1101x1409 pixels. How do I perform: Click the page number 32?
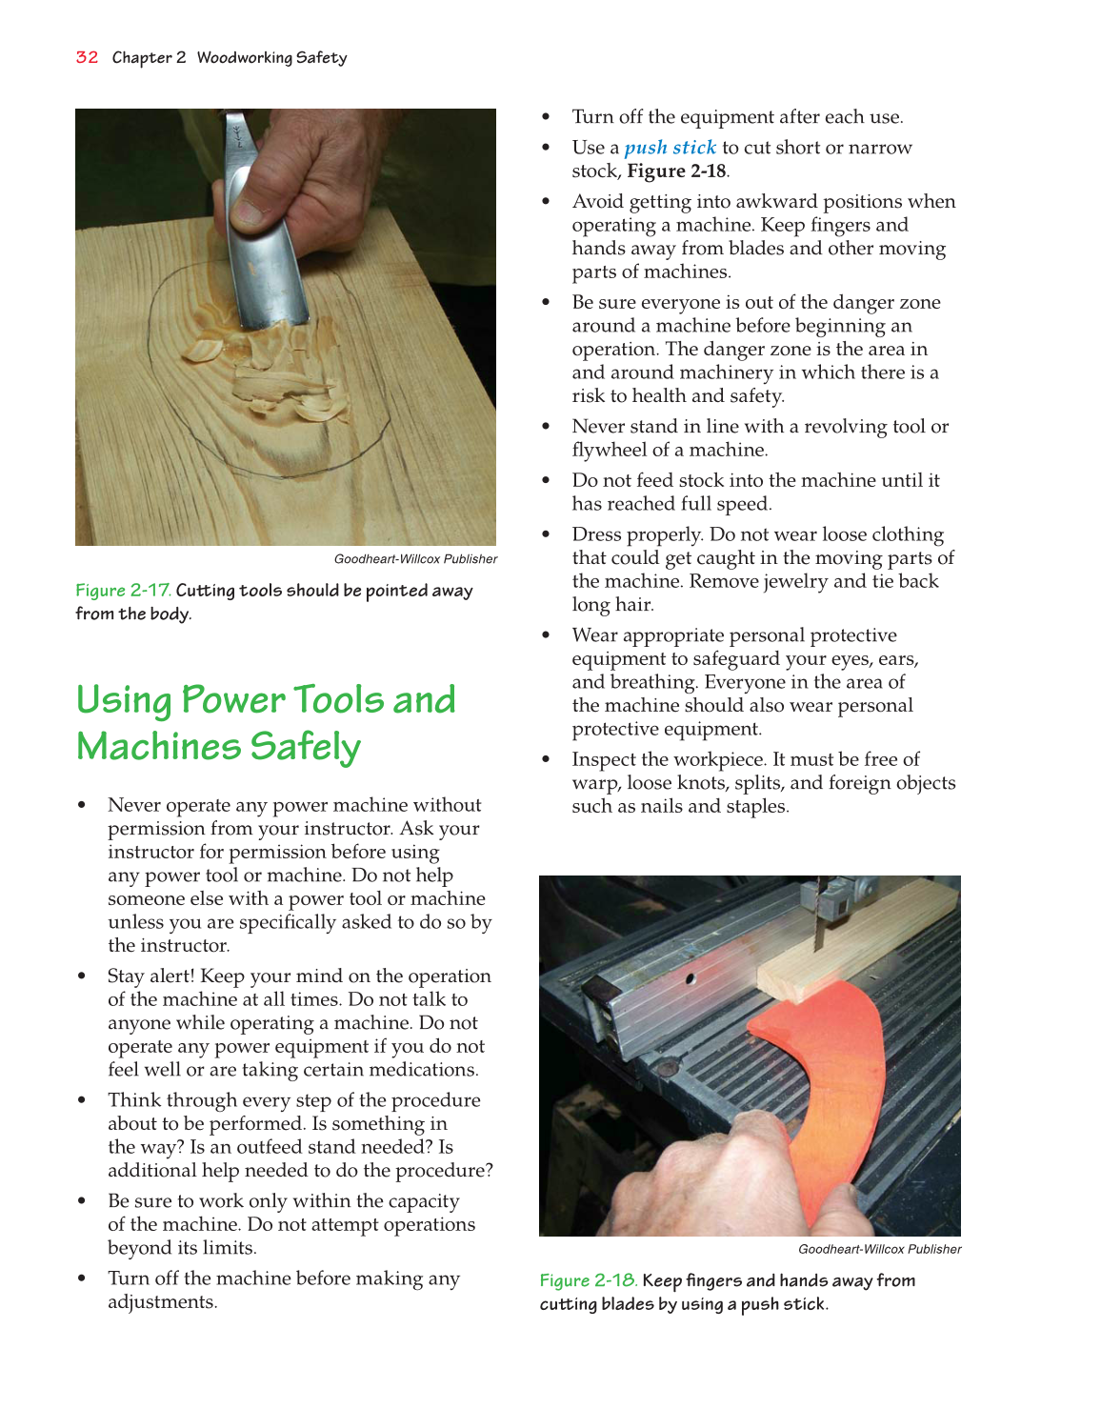pyautogui.click(x=87, y=57)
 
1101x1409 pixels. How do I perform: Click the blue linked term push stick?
pyautogui.click(x=670, y=148)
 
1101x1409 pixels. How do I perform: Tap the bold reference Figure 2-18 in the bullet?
pyautogui.click(x=676, y=171)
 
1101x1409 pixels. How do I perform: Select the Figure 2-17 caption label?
pyautogui.click(x=123, y=591)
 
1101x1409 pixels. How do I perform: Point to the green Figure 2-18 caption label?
pyautogui.click(x=588, y=1280)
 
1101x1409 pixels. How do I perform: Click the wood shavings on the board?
pyautogui.click(x=276, y=372)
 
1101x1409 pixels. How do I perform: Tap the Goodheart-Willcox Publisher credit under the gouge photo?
pyautogui.click(x=415, y=559)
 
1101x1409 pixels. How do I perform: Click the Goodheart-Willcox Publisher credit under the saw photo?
pyautogui.click(x=879, y=1249)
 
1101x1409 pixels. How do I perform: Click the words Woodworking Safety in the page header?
pyautogui.click(x=271, y=57)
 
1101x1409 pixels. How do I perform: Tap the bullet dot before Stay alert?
pyautogui.click(x=83, y=976)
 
